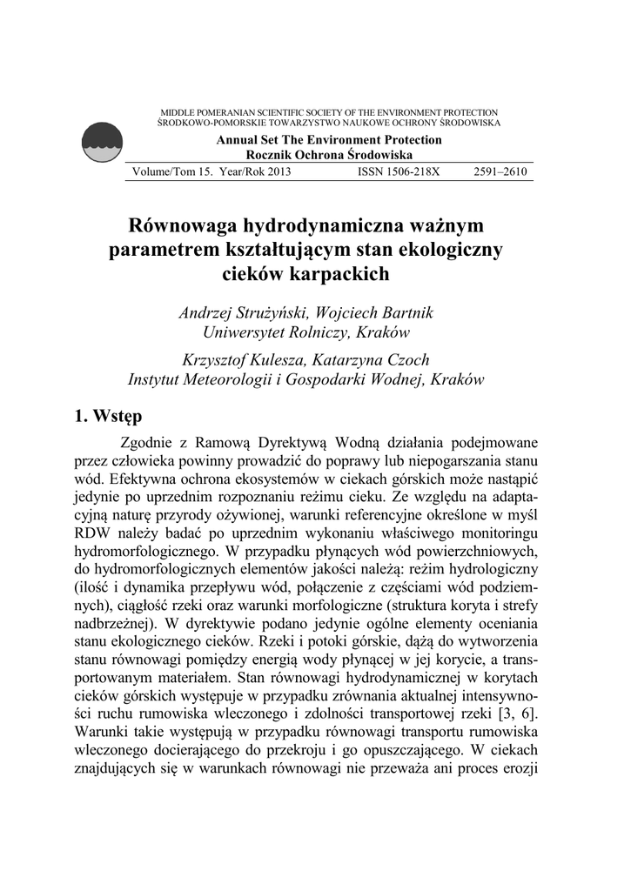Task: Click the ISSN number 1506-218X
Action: pyautogui.click(x=399, y=172)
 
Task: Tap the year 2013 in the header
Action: pyautogui.click(x=276, y=172)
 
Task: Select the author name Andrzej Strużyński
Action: pyautogui.click(x=240, y=312)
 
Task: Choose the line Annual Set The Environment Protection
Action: pyautogui.click(x=328, y=140)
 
